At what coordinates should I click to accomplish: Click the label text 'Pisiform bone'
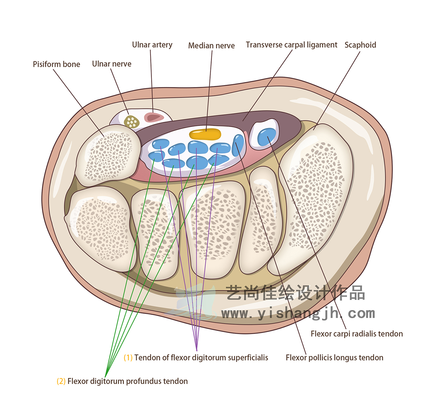56,64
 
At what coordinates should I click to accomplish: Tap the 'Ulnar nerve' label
112,64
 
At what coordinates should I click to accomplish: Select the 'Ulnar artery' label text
152,45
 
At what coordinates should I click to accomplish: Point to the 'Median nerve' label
211,46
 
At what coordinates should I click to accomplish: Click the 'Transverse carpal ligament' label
291,45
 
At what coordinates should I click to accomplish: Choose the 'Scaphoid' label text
360,45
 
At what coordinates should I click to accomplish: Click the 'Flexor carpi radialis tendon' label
357,334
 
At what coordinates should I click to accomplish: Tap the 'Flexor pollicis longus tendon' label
334,358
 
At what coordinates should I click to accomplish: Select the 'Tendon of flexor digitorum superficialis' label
201,358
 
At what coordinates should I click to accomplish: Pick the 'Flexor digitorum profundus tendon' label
127,381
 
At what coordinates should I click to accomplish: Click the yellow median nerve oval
205,134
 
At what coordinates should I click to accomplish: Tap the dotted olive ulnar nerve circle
131,122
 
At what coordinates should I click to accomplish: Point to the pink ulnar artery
154,117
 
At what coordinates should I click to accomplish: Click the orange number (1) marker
128,358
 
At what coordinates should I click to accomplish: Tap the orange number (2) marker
61,381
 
